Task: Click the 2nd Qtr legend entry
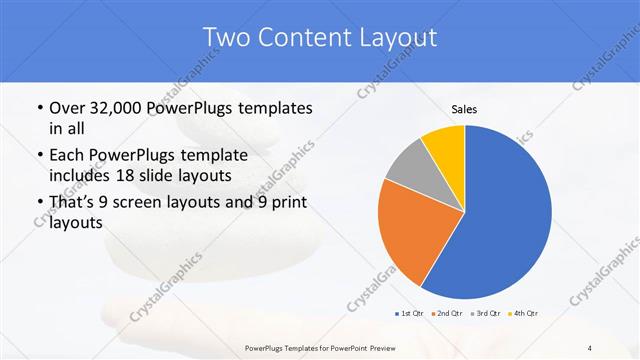click(x=447, y=314)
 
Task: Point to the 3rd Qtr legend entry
click(x=486, y=314)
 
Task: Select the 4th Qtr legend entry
click(x=525, y=314)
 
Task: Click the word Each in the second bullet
click(x=64, y=155)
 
